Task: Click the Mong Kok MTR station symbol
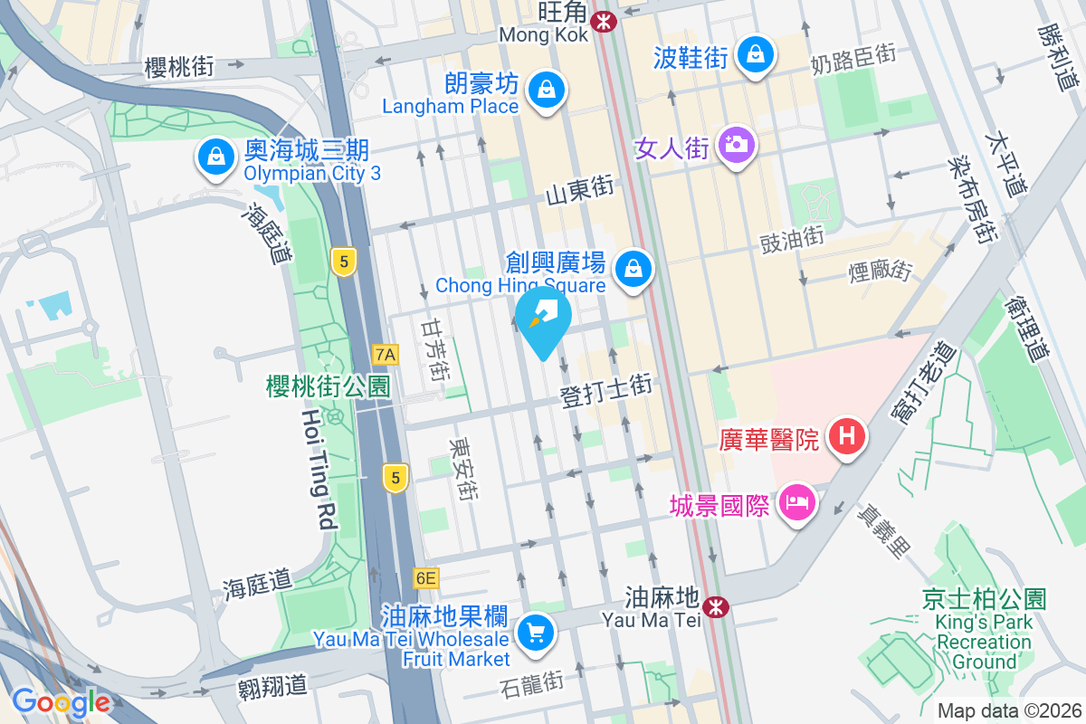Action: pos(601,19)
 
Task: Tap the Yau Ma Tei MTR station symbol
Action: pos(717,606)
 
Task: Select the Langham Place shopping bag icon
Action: pos(547,90)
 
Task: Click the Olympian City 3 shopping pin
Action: pos(216,157)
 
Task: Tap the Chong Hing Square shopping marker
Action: pos(633,268)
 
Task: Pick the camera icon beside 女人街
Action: pos(736,143)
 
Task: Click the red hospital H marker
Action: pos(847,437)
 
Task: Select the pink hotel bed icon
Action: pos(796,502)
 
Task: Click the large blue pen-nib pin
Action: pos(542,319)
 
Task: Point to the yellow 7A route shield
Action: pos(386,354)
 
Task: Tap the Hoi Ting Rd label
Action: pos(316,468)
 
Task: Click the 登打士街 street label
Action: pos(605,394)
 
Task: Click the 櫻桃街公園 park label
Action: pos(328,387)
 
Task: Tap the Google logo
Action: pos(61,702)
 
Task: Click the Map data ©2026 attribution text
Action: pos(1007,711)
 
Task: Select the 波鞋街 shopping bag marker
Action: pos(754,54)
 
